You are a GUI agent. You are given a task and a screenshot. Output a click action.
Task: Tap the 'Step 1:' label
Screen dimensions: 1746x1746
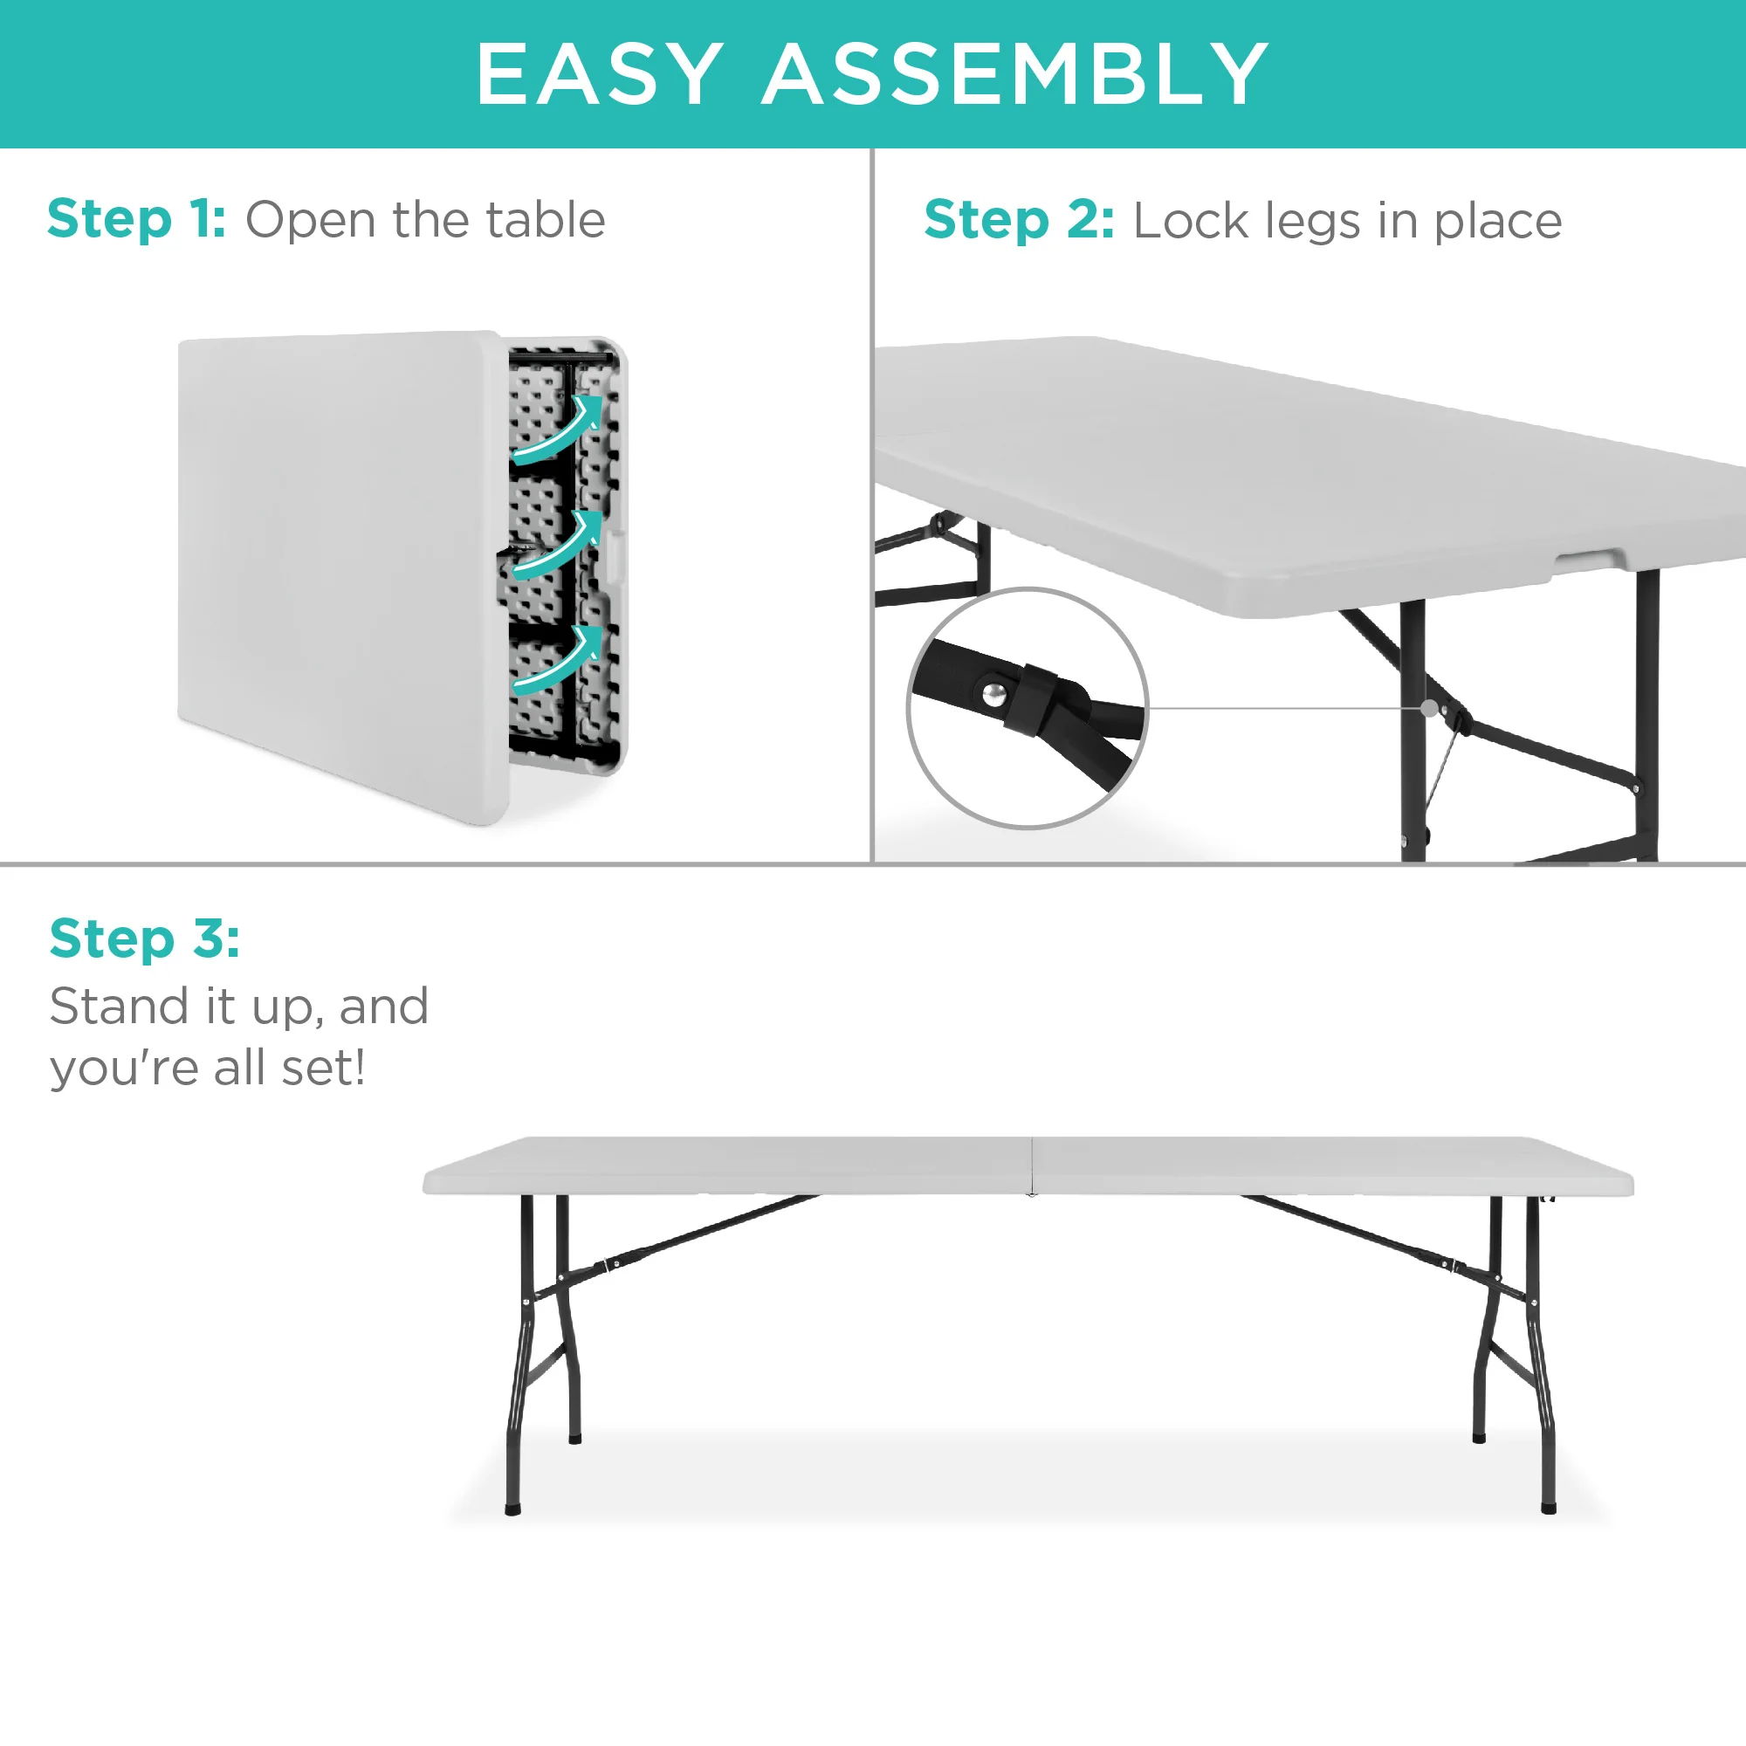136,220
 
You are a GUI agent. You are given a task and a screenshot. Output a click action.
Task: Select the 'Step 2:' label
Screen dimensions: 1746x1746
1019,222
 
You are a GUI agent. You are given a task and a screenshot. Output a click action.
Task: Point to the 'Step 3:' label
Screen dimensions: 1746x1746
145,938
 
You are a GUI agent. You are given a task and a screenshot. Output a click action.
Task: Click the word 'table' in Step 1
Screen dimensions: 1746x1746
545,220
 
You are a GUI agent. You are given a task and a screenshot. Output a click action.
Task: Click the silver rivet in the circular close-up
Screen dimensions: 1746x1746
994,694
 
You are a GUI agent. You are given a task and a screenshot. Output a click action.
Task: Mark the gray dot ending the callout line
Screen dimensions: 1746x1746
1430,708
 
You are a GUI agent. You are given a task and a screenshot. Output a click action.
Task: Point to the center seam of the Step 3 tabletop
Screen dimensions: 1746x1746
1031,1165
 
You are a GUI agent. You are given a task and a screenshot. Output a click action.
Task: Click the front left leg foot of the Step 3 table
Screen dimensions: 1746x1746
512,1509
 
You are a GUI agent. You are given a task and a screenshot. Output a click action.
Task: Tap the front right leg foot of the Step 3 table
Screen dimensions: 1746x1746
1548,1508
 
